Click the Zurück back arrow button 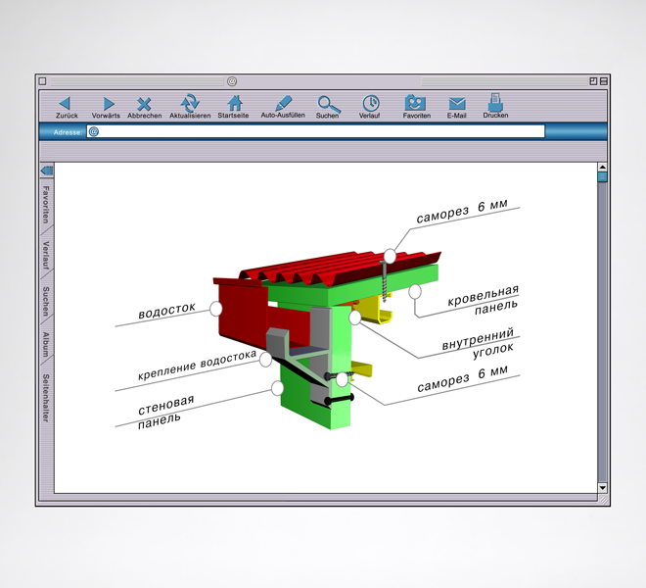pos(65,103)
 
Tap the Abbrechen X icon pos(144,104)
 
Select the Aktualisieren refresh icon pos(190,103)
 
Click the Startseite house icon pos(235,103)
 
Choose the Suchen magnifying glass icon pos(328,104)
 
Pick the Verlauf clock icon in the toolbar pos(371,103)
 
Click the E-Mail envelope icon pos(457,104)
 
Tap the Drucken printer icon pos(495,102)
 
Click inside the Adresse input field pos(315,131)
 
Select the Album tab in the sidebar pos(46,344)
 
